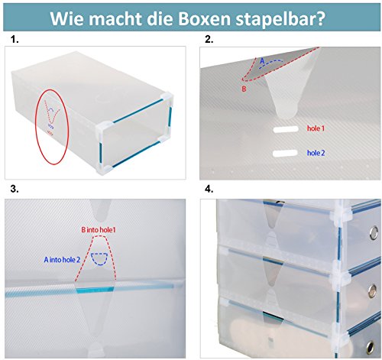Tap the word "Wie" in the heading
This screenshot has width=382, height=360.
click(67, 18)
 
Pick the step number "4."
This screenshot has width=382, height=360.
click(209, 187)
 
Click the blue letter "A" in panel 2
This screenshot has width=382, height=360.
click(262, 60)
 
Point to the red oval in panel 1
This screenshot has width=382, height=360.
click(52, 119)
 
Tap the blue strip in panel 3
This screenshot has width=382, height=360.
click(94, 288)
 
